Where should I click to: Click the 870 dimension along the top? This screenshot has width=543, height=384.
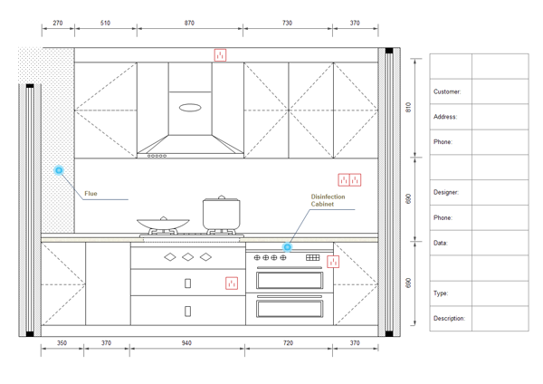pos(189,23)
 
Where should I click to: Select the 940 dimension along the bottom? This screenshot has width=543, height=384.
pos(186,342)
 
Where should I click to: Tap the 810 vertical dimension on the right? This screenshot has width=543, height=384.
pos(408,107)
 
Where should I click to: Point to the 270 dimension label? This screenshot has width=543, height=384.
pos(58,23)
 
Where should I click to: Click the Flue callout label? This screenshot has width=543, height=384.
pos(90,194)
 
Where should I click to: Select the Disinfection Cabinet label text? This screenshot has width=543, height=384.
pos(328,200)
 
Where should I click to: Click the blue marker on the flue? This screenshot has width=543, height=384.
pos(59,170)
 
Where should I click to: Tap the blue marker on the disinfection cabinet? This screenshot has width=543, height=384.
pos(287,247)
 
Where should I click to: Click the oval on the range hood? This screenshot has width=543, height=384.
pos(190,108)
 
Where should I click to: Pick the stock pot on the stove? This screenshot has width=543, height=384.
pos(222,213)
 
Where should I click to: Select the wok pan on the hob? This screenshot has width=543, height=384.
pos(163,224)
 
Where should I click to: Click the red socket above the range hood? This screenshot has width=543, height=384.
pos(220,55)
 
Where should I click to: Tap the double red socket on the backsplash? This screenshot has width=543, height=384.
pos(349,180)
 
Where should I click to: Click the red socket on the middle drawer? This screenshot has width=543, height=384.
pos(232,283)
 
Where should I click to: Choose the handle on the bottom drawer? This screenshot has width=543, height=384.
pos(187,312)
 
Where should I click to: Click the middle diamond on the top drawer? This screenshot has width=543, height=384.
pos(187,257)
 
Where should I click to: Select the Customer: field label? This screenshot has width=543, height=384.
pos(447,91)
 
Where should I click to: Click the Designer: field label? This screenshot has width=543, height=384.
pos(446,192)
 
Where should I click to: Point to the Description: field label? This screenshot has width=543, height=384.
pos(449,319)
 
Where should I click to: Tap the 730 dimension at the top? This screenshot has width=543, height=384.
pos(287,23)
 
